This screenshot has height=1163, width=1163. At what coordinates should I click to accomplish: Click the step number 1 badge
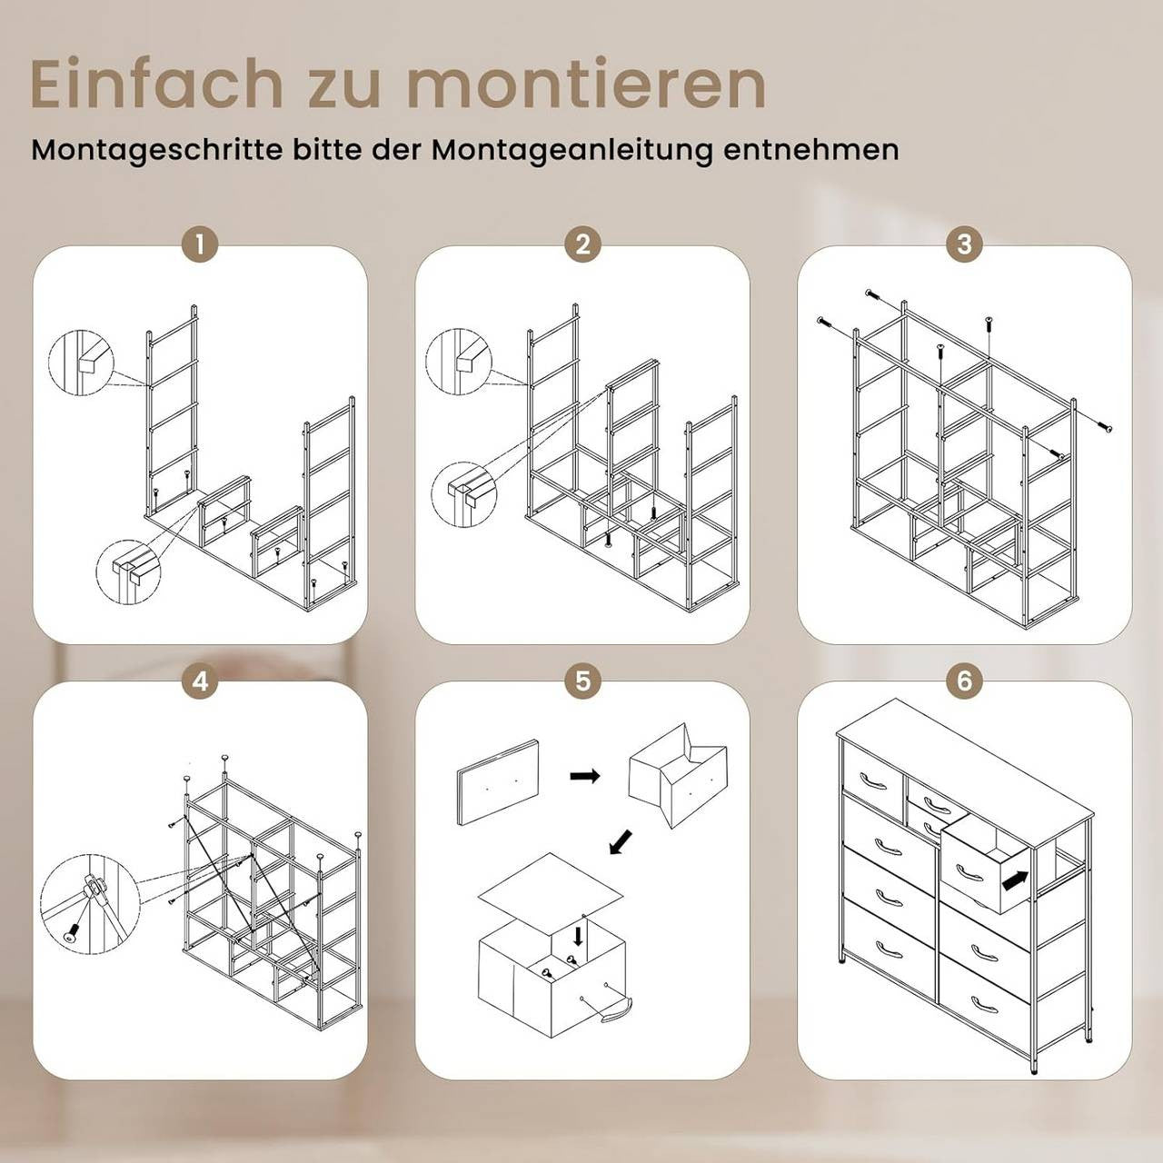200,245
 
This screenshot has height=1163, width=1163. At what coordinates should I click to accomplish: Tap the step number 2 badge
582,245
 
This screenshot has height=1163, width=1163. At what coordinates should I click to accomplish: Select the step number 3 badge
964,245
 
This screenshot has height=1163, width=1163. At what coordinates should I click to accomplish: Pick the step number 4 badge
200,681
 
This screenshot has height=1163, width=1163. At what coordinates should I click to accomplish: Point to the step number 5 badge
582,681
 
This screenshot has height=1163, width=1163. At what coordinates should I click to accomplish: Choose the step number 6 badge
964,681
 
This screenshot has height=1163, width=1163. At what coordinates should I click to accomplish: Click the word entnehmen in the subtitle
811,151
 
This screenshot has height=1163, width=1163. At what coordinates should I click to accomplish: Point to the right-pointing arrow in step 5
585,776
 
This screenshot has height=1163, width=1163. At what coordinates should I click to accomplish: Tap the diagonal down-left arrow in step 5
621,840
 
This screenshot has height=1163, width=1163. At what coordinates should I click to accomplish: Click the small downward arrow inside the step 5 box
578,937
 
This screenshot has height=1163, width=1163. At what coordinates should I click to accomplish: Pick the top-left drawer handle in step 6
872,780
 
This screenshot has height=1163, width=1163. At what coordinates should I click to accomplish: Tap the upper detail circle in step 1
81,363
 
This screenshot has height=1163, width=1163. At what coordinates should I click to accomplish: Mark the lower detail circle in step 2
463,494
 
